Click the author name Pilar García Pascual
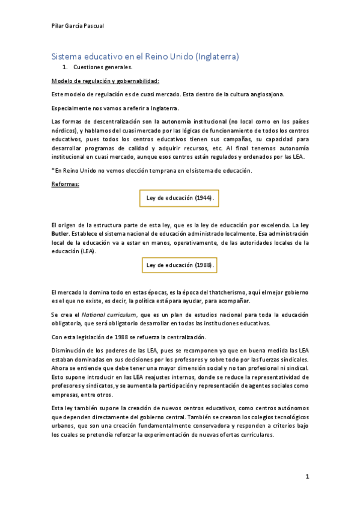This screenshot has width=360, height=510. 78,25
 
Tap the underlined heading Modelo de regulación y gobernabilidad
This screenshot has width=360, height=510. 105,81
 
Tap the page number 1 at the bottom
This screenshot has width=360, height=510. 307,476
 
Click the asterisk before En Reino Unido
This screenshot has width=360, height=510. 53,171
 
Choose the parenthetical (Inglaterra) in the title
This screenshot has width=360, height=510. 215,57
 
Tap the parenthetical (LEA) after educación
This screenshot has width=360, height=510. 87,251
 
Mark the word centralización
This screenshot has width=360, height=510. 181,337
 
